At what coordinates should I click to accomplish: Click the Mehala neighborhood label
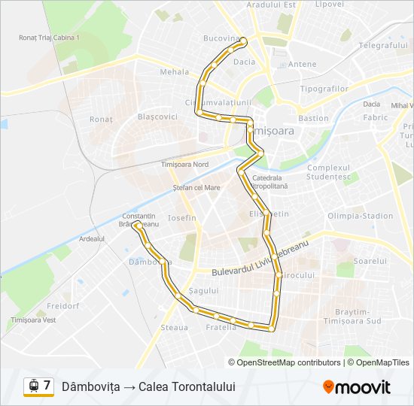(x=174, y=72)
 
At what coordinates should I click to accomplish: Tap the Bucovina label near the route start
(x=220, y=38)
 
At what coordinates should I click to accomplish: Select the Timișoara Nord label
(x=184, y=164)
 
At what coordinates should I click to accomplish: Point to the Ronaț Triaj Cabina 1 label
(x=50, y=37)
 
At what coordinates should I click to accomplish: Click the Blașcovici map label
(x=157, y=117)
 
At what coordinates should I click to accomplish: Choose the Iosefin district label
(x=183, y=218)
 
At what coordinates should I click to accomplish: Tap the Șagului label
(x=204, y=290)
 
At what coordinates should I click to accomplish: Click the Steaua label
(x=174, y=328)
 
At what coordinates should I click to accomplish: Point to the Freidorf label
(x=63, y=307)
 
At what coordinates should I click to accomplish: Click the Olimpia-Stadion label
(x=360, y=216)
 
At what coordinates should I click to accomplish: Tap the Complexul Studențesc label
(x=329, y=172)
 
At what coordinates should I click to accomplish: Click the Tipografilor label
(x=324, y=89)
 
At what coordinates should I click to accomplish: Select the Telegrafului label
(x=383, y=45)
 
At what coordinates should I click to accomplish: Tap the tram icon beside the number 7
(x=33, y=386)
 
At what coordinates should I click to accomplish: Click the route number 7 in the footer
(x=47, y=386)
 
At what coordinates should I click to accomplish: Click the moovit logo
(x=357, y=386)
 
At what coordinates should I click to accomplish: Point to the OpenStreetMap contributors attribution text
(x=289, y=362)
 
